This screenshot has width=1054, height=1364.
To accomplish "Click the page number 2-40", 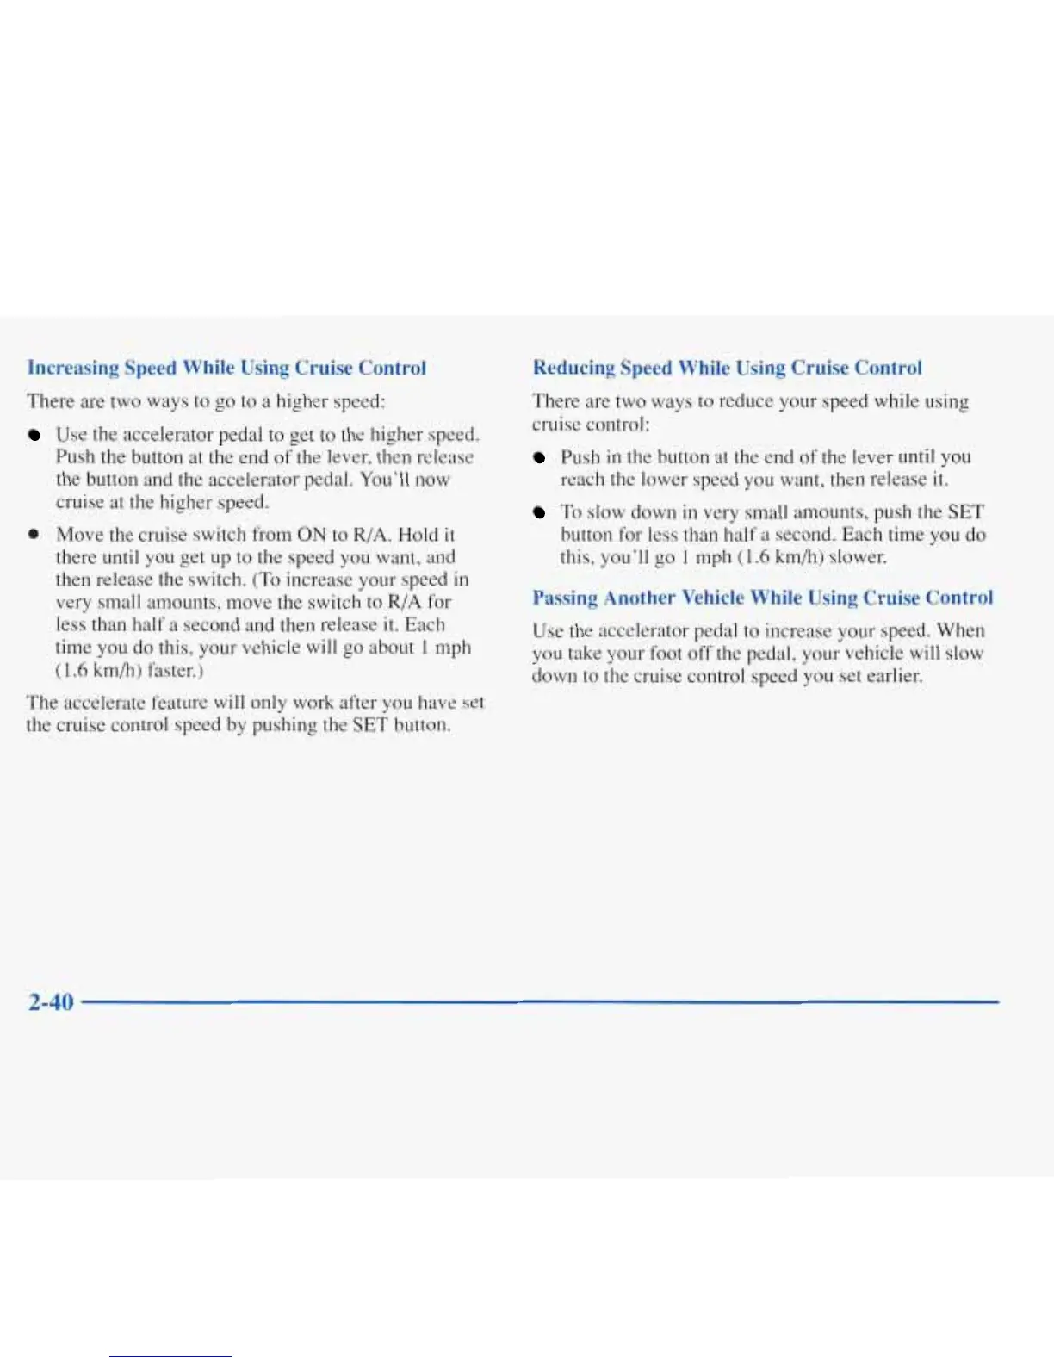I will tap(51, 1002).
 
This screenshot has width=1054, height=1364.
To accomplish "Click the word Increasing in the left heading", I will tap(73, 368).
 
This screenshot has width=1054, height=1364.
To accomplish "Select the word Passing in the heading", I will tap(564, 598).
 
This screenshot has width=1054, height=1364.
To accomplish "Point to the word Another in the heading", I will tap(640, 598).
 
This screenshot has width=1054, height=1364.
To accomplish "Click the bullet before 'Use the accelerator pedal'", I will tap(33, 435).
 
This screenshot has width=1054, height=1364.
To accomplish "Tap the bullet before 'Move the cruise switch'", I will tap(33, 535).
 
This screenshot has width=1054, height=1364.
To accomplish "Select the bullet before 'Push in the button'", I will tap(538, 457).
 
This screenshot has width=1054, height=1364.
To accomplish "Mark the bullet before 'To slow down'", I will tap(538, 512).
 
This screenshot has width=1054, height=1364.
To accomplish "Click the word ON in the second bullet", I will tap(310, 535).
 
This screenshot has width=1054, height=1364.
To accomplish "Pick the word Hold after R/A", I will tap(418, 535).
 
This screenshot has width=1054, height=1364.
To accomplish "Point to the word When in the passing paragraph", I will tap(960, 630).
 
